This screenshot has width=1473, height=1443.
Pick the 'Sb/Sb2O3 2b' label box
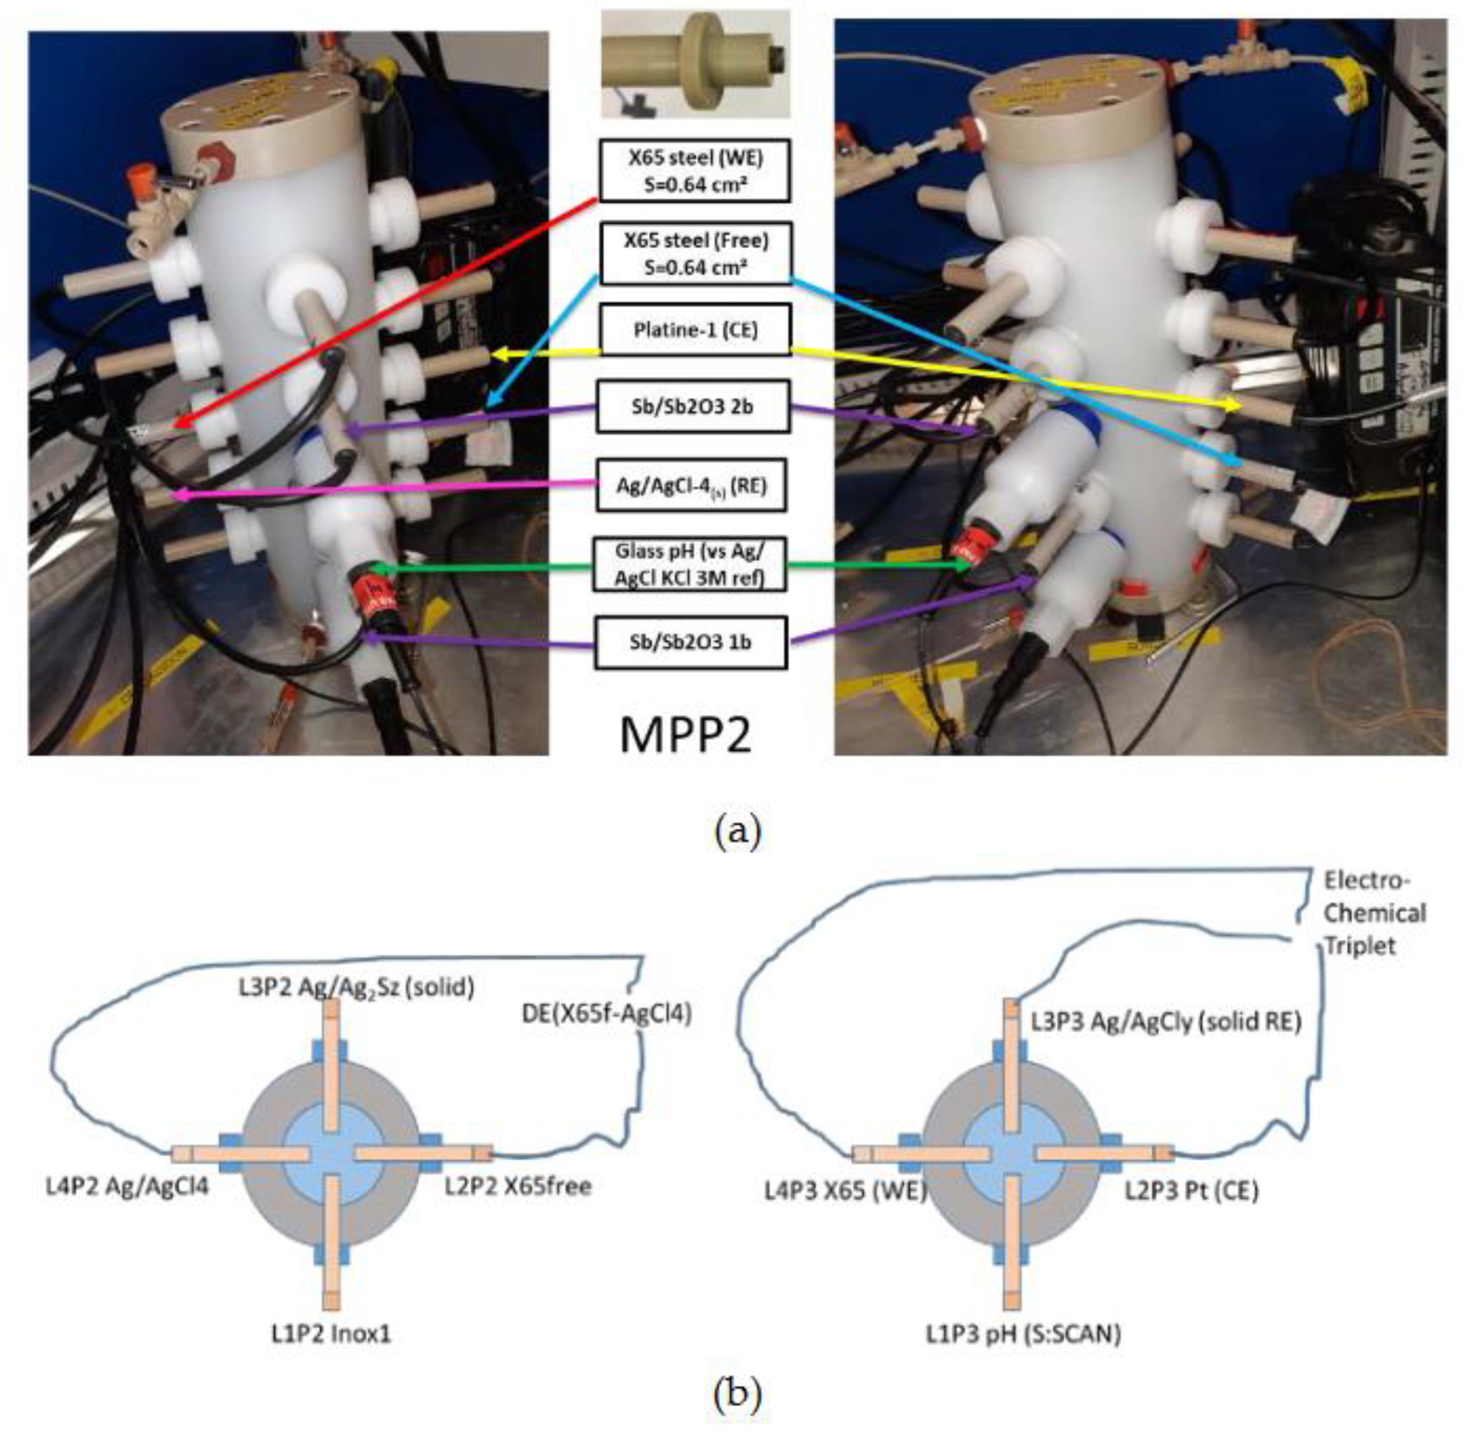[692, 406]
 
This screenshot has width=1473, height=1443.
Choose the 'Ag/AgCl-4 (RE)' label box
[691, 485]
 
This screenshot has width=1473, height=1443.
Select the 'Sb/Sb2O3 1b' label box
[691, 642]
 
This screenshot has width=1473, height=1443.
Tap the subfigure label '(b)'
[737, 1393]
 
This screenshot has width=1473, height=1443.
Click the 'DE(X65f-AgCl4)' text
[607, 1014]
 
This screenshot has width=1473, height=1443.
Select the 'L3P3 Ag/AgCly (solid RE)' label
[1165, 1022]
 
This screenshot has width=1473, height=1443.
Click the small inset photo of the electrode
[695, 64]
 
